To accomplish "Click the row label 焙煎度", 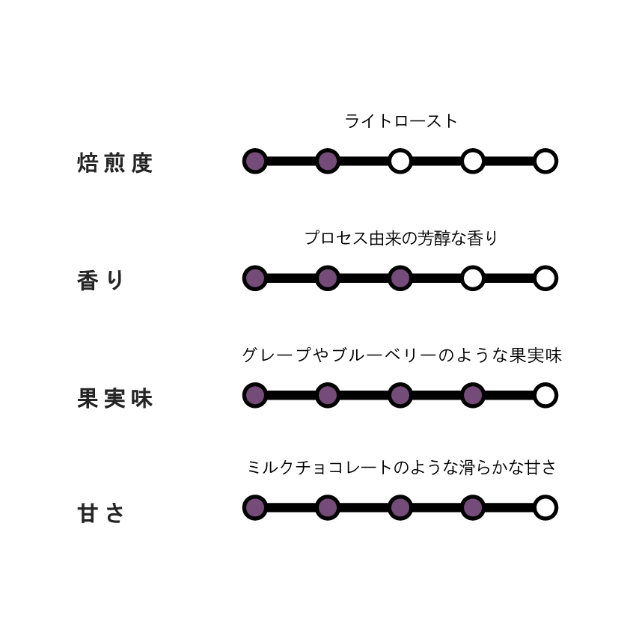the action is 114,163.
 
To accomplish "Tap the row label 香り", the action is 100,281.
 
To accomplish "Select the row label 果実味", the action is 114,398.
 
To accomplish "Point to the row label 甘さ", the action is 100,513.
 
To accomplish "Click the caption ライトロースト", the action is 401,121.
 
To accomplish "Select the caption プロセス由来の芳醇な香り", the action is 401,238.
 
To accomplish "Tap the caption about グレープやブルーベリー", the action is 402,355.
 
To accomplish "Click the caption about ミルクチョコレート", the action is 402,467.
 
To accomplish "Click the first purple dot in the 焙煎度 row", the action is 254,161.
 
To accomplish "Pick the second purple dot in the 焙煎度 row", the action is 328,161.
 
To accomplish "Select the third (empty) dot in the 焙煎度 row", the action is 400,161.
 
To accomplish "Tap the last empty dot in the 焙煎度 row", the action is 545,161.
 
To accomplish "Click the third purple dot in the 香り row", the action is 400,278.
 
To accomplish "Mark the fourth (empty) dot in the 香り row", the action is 473,278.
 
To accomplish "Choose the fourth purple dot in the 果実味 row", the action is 473,395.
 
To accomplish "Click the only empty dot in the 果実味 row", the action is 545,395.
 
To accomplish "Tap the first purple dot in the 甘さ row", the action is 254,507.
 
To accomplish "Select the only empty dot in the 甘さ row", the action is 545,507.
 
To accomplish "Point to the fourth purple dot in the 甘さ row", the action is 473,507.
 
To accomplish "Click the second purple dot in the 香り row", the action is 328,278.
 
